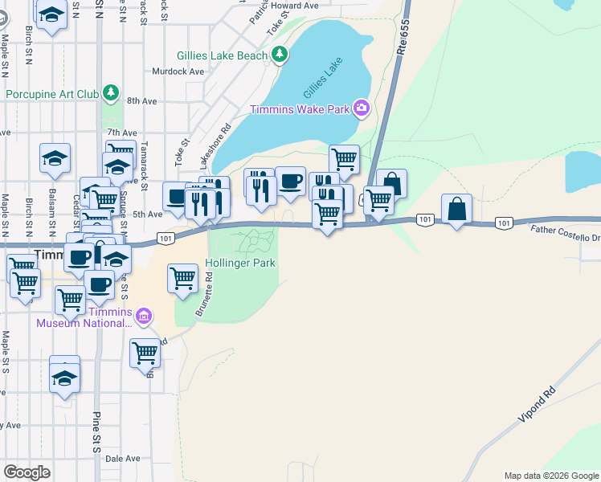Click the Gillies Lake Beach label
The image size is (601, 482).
(222, 55)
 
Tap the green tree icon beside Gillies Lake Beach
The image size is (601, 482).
(279, 55)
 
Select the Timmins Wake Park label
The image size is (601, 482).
(300, 109)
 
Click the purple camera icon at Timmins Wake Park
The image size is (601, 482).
(361, 108)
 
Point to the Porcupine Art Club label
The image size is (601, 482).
(52, 94)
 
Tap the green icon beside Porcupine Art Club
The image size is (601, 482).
(111, 93)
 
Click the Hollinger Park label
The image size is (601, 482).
(240, 263)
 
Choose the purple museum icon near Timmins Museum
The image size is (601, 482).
(143, 316)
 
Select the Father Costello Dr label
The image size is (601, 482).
(565, 234)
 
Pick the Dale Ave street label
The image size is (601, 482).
(122, 459)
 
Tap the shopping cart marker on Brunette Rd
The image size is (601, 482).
(182, 278)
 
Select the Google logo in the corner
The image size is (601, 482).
(27, 472)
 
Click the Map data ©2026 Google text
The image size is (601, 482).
(551, 476)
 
